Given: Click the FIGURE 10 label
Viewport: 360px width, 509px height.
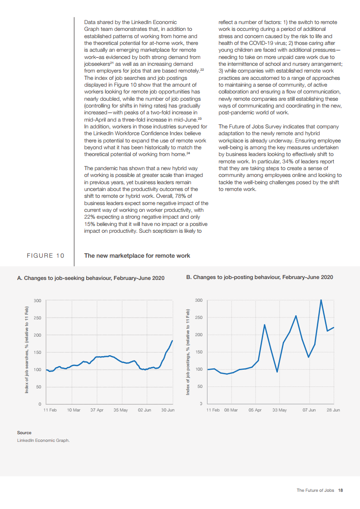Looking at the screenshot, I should (45, 256).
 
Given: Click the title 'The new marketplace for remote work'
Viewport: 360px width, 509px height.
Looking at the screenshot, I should (137, 256).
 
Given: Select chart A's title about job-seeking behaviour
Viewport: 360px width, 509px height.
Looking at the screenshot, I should (91, 278).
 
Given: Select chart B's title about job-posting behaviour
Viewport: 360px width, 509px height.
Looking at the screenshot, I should (260, 277).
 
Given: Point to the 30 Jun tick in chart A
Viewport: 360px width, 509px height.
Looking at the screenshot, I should (168, 410).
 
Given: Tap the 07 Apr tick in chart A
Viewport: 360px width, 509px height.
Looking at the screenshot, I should (97, 410).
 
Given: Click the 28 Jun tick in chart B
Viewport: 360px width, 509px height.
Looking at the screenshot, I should (333, 410).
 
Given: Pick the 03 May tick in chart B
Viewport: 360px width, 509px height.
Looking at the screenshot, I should (280, 410).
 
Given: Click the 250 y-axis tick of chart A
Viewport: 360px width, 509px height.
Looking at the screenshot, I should (37, 318).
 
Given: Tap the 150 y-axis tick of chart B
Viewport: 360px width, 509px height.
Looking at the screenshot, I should (199, 352).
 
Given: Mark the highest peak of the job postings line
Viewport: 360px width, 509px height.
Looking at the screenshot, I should (321, 300).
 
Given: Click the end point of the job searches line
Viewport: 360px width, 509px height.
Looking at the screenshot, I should (173, 341).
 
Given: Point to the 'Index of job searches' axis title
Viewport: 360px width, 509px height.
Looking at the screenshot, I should (27, 350).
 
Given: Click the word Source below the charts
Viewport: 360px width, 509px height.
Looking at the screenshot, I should (24, 433).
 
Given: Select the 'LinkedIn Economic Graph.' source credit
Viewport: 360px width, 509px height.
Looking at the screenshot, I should (44, 440).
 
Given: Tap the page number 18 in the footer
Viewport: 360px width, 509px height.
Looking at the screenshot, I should (340, 490).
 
